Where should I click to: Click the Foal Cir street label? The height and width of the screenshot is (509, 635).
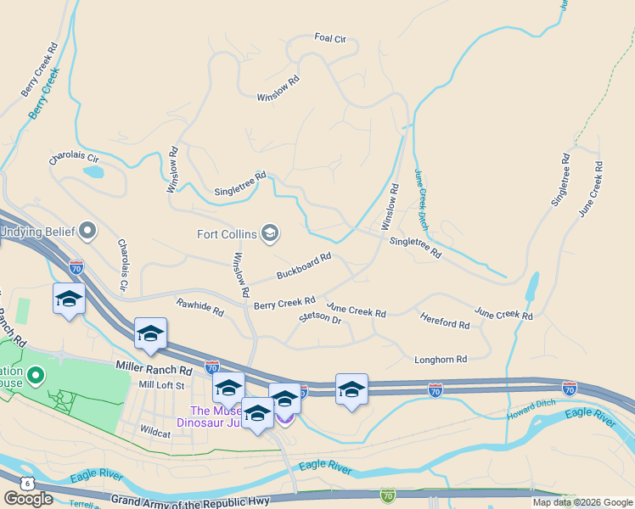click(x=330, y=38)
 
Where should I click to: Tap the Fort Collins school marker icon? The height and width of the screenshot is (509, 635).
click(x=270, y=233)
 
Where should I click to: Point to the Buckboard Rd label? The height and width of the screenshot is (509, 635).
click(x=303, y=266)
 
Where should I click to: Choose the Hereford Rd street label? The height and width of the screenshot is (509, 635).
click(x=445, y=321)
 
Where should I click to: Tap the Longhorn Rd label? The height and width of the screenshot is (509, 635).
click(x=441, y=360)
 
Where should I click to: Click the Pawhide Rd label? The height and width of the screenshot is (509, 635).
click(x=199, y=307)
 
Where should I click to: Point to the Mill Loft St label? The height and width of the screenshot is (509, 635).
click(x=161, y=385)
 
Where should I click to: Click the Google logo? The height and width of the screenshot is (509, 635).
click(x=28, y=499)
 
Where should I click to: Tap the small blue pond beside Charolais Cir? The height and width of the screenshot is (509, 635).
click(x=93, y=171)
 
